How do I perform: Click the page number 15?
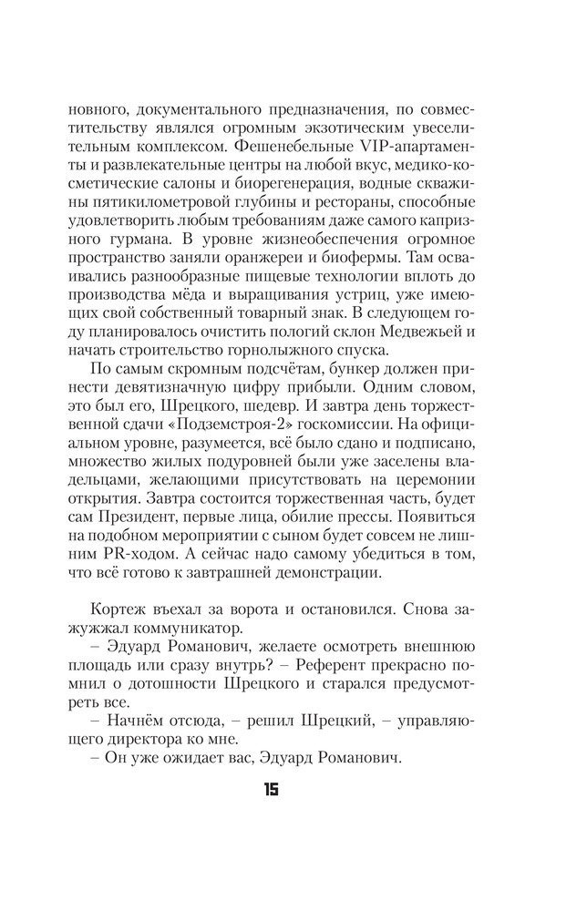[x=271, y=790]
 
